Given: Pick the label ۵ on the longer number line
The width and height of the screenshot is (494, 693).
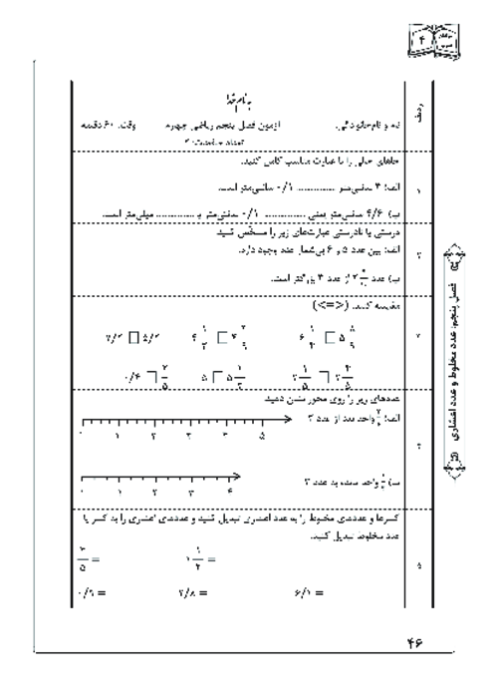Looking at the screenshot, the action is [x=261, y=436].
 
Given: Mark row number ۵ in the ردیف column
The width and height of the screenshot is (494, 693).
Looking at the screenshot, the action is [x=418, y=567].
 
